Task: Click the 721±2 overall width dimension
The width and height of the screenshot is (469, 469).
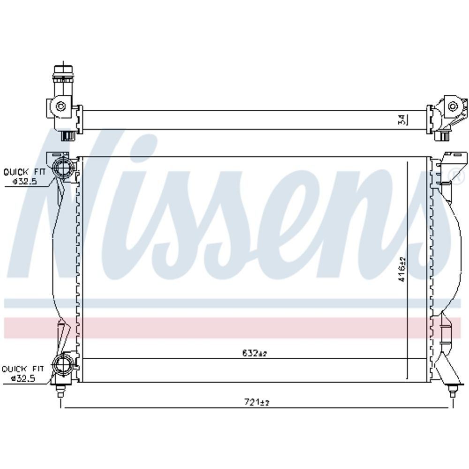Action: pyautogui.click(x=257, y=402)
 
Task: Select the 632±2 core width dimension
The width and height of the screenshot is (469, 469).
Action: pyautogui.click(x=254, y=353)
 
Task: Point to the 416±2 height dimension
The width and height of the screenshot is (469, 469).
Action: pyautogui.click(x=402, y=269)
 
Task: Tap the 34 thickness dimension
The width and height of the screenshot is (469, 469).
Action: pyautogui.click(x=402, y=120)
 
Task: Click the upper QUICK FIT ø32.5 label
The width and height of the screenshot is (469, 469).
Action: pyautogui.click(x=24, y=176)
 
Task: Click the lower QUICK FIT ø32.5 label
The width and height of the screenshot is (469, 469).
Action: pyautogui.click(x=23, y=374)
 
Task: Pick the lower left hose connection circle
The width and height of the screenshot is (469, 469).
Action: pyautogui.click(x=62, y=364)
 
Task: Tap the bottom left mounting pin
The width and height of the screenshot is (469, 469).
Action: pyautogui.click(x=60, y=390)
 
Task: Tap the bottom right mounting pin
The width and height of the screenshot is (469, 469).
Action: pyautogui.click(x=453, y=390)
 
